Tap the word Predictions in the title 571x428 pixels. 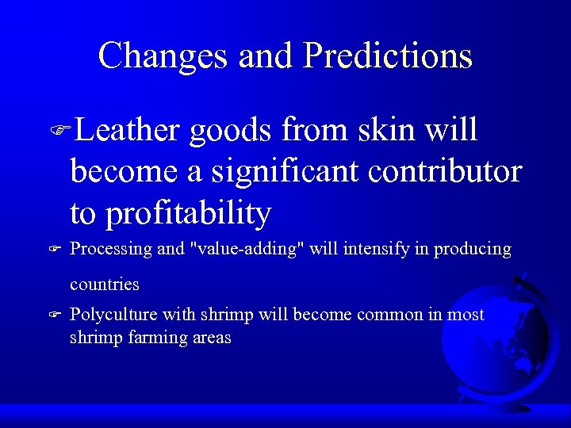(x=388, y=55)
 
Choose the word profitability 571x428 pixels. (x=188, y=213)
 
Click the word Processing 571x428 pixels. (x=111, y=250)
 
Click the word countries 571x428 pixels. (x=104, y=284)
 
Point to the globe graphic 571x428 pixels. (x=500, y=341)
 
